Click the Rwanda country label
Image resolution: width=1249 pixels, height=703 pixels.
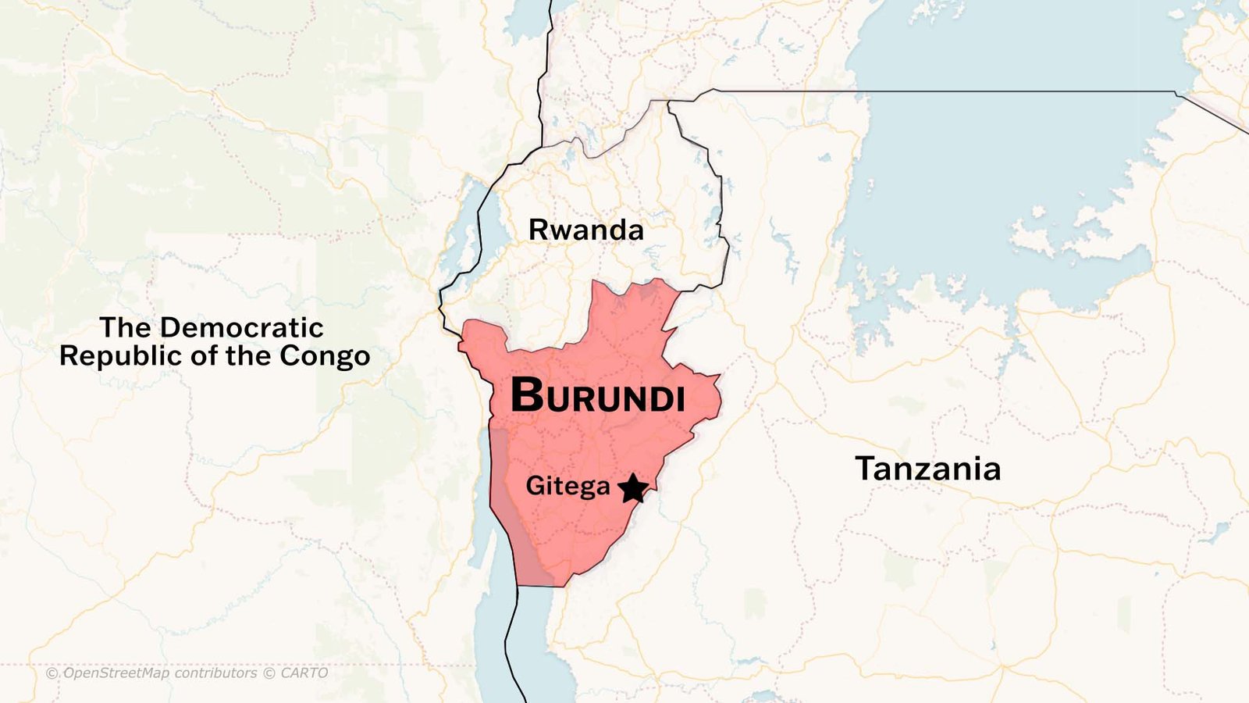coord(586,230)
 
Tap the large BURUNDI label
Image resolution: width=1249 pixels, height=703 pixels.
coord(598,396)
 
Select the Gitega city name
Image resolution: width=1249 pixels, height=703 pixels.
coord(568,486)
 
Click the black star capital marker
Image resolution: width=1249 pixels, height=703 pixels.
coord(633,489)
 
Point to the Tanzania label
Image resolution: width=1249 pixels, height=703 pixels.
coord(927,469)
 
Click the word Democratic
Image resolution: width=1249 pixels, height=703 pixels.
coord(242,327)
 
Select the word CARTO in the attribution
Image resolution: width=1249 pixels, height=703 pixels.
coord(304,673)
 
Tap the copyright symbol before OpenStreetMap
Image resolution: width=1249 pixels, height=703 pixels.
coord(52,673)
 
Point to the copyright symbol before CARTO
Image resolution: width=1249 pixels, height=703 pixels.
coord(269,673)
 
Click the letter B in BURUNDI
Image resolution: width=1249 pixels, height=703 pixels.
coord(526,395)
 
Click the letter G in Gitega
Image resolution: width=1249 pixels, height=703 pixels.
coord(536,486)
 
